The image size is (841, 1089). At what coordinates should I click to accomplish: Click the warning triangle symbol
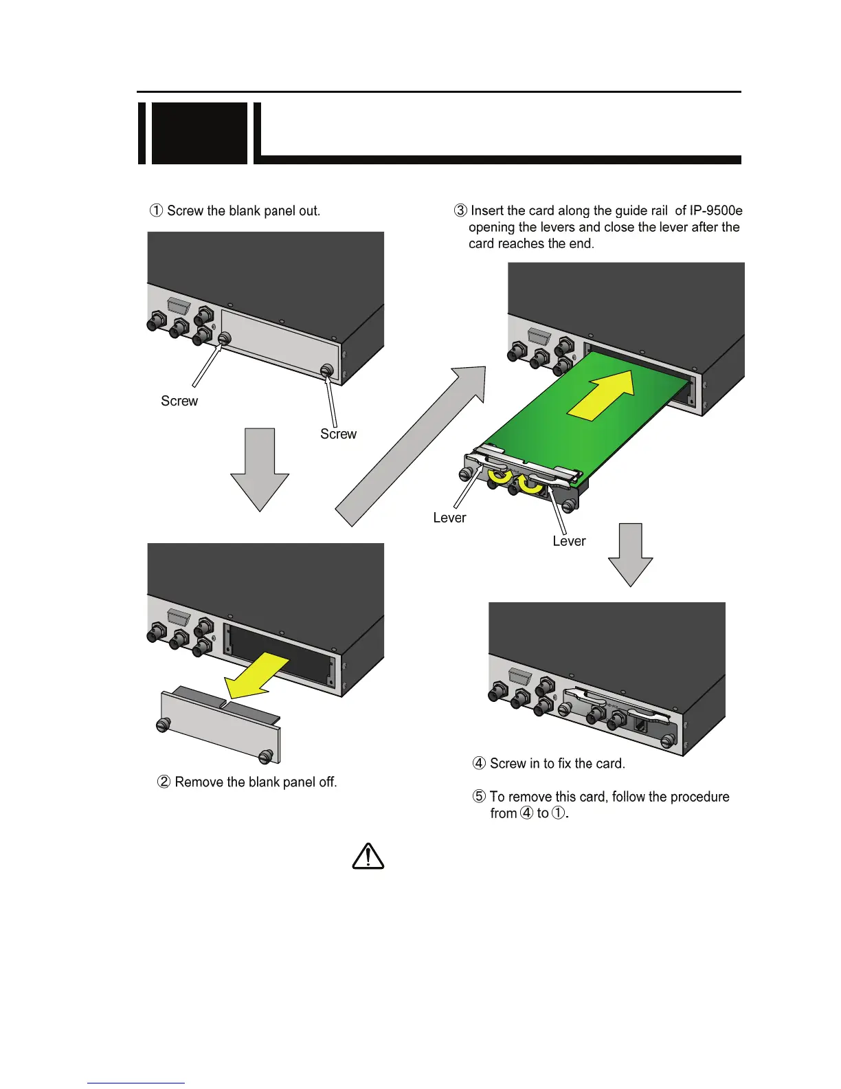368,857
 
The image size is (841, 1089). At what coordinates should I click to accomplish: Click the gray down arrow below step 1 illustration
259,468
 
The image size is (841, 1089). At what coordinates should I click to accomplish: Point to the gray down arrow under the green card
630,553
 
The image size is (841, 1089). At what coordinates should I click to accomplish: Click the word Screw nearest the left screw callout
179,401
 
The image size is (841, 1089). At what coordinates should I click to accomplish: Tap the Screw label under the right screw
338,434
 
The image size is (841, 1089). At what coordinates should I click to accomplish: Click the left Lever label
449,518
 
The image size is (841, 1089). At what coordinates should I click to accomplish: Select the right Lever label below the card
569,541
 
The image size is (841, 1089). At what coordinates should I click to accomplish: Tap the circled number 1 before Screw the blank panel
157,210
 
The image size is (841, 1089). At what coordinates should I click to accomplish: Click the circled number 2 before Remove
165,782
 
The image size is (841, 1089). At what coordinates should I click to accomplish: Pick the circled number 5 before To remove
480,797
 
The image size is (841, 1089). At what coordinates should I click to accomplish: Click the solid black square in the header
199,133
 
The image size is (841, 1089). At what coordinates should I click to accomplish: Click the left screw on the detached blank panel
164,725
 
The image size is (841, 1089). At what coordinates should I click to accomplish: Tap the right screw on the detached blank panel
266,756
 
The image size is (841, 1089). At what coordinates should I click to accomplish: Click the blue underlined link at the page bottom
136,1082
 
